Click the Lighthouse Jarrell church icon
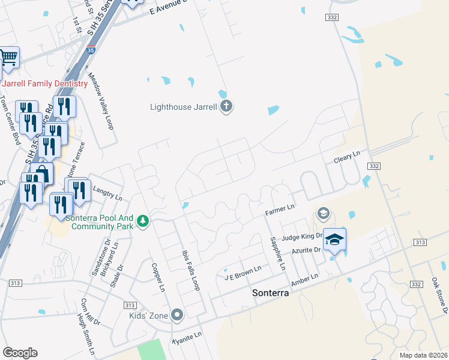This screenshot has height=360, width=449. point(226,107)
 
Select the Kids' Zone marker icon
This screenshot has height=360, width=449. point(176,314)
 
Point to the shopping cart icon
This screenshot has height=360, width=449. point(8,58)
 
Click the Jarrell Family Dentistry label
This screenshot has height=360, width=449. point(46,83)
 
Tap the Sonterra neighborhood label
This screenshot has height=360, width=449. point(270,294)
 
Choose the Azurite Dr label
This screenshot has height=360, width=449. point(306,250)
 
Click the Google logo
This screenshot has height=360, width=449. point(20,353)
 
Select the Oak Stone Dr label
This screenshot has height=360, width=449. point(439,295)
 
